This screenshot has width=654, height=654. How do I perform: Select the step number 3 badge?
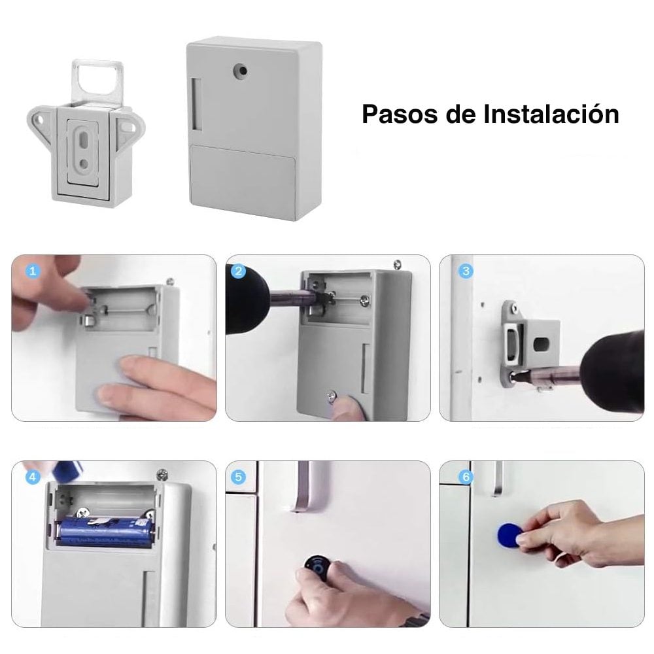click(x=466, y=271)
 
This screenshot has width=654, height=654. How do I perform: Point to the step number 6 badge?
click(x=466, y=477)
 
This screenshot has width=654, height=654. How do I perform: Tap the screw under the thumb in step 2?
click(x=333, y=395)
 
